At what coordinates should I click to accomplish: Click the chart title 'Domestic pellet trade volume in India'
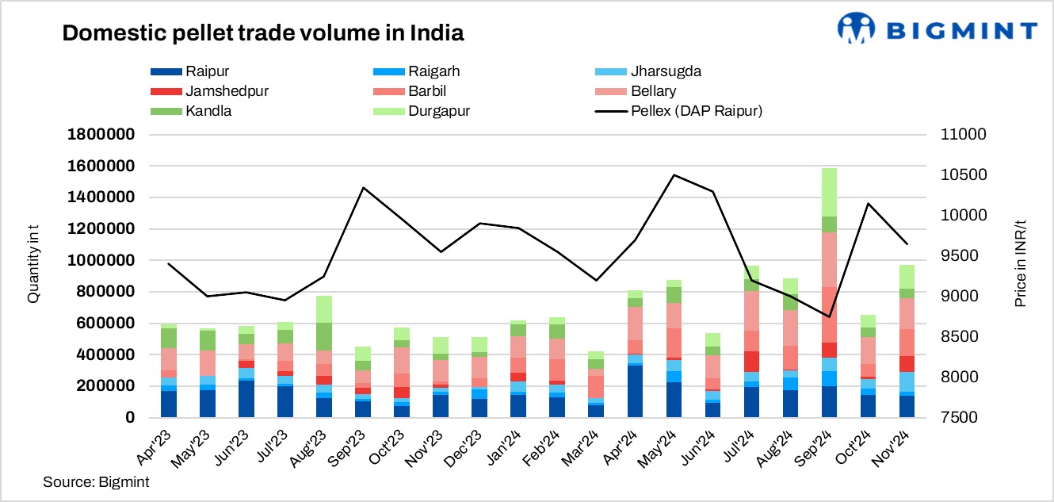pos(262,33)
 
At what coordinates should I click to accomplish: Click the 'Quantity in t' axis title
pos(33,276)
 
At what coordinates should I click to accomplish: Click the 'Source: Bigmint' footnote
pos(96,481)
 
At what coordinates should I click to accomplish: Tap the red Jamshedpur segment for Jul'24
pos(751,362)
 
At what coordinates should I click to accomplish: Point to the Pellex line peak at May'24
pos(674,175)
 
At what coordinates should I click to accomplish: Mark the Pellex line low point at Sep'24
pos(829,316)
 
